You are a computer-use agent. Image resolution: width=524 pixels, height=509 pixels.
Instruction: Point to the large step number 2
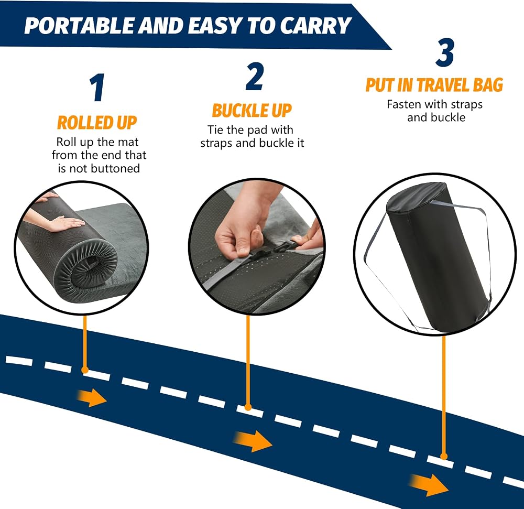click(255, 77)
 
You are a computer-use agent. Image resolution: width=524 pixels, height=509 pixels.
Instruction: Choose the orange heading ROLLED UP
click(97, 123)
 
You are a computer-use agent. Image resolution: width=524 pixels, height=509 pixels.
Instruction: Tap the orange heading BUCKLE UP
click(252, 111)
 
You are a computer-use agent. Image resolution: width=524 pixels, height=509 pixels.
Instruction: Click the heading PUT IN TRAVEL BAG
click(434, 84)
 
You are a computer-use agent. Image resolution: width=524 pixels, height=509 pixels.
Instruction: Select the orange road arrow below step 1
click(92, 397)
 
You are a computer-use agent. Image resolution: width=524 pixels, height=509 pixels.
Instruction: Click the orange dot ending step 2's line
click(248, 407)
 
